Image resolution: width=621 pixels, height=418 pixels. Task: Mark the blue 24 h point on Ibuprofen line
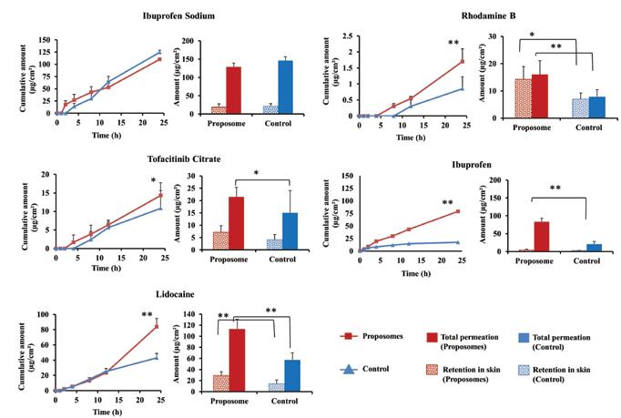(455, 242)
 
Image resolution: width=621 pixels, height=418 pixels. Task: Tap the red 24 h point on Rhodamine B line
(463, 61)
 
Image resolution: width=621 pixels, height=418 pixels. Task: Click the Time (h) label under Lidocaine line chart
(107, 410)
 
